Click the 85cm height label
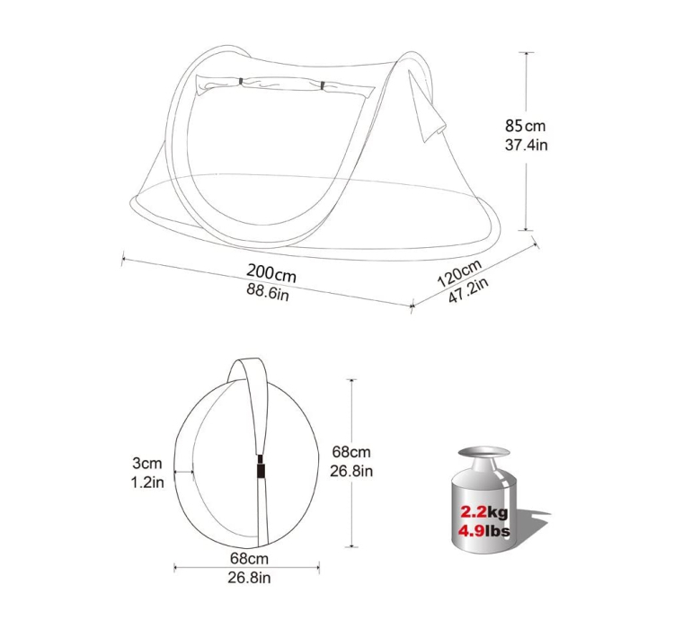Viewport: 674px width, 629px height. coord(526,126)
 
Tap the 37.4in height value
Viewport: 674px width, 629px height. coord(526,145)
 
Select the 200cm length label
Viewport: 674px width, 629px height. coord(271,273)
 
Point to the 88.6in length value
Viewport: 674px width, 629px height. coord(268,292)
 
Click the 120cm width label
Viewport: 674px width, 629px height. coord(459,273)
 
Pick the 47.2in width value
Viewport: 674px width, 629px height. coord(468,290)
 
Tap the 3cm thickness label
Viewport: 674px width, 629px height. coord(147,463)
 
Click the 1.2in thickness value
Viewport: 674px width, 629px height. coord(147,483)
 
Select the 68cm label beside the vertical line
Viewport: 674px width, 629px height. coord(351,452)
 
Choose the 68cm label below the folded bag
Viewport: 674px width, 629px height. coord(249,559)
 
